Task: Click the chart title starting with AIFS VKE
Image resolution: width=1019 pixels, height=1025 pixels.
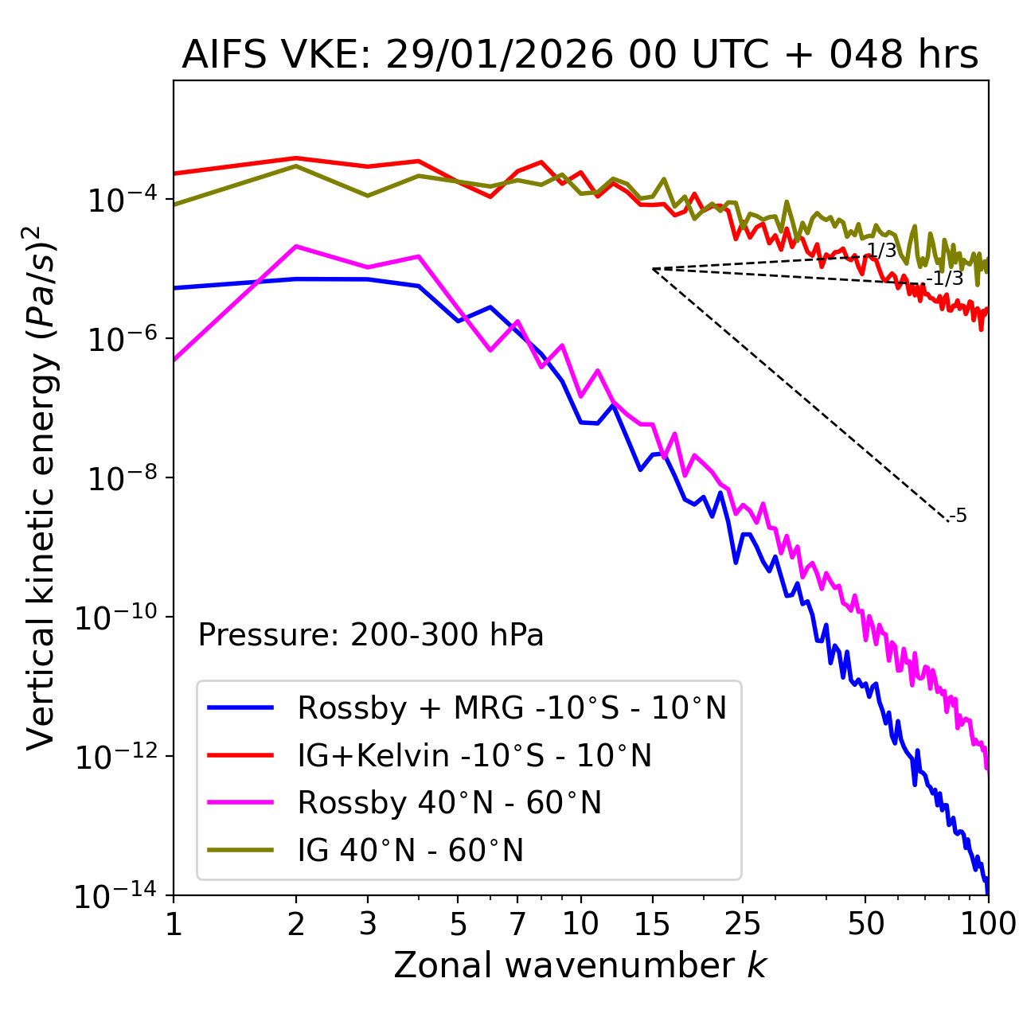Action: (x=580, y=55)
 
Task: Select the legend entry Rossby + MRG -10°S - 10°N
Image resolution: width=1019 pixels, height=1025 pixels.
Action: (x=512, y=707)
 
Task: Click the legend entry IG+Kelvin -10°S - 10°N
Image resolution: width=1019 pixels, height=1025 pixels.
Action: (x=474, y=755)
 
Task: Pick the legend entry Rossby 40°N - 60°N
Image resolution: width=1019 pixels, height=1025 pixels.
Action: (x=449, y=803)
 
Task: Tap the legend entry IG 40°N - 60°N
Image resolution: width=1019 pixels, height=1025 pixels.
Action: (x=410, y=851)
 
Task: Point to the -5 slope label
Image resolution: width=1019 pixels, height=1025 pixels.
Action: (x=958, y=516)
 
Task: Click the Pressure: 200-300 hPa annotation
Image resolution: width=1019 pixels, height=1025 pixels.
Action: (x=371, y=635)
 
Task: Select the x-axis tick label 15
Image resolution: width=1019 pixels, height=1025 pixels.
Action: (x=653, y=924)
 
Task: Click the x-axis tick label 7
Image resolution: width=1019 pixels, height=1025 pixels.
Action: (x=517, y=924)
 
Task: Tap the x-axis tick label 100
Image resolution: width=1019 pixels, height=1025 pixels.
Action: (x=987, y=924)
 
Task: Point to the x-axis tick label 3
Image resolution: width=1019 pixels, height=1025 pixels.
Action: (x=368, y=924)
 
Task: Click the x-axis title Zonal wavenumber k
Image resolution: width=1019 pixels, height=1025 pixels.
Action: (x=580, y=965)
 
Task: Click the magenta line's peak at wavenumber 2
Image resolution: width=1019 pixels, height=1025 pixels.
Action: (x=296, y=247)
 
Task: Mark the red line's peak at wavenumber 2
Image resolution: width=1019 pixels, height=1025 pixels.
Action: (x=296, y=158)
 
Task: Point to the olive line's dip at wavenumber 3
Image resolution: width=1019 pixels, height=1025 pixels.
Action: (x=368, y=196)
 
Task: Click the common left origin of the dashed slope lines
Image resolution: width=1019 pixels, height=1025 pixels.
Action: (x=653, y=269)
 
